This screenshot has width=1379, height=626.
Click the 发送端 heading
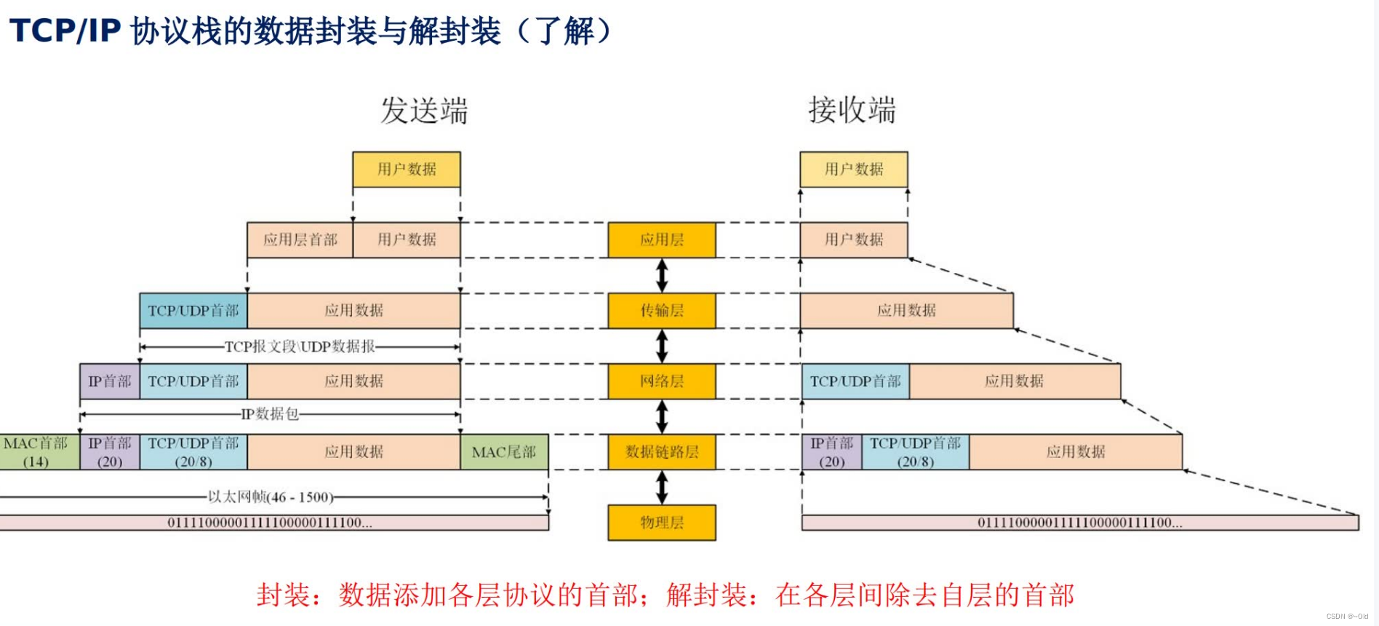pyautogui.click(x=425, y=111)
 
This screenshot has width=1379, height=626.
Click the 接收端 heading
pyautogui.click(x=852, y=110)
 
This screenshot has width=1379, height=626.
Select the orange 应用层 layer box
pyautogui.click(x=662, y=240)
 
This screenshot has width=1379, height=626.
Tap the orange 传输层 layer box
pyautogui.click(x=662, y=311)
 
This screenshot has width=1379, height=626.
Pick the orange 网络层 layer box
pyautogui.click(x=662, y=381)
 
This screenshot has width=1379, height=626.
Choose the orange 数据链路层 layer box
pyautogui.click(x=662, y=452)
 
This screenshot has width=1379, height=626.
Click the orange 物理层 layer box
pyautogui.click(x=662, y=523)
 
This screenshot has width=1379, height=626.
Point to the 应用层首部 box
pyautogui.click(x=300, y=240)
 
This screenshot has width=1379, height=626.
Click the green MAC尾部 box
pyautogui.click(x=504, y=452)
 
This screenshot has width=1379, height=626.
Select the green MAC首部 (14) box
pyautogui.click(x=36, y=452)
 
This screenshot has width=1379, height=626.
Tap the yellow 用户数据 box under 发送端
pyautogui.click(x=407, y=170)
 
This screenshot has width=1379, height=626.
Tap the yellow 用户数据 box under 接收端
pyautogui.click(x=854, y=170)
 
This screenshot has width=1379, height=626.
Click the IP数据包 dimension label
pyautogui.click(x=270, y=414)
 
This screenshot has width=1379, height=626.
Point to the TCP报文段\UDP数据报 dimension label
pyautogui.click(x=300, y=346)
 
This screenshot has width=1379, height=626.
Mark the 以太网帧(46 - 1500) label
pyautogui.click(x=271, y=497)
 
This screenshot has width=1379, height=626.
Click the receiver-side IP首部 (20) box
pyautogui.click(x=832, y=452)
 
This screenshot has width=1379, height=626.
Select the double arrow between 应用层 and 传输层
pyautogui.click(x=662, y=276)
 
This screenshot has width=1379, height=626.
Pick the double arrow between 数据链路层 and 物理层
pyautogui.click(x=662, y=488)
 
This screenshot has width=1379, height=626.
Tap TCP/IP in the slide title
pyautogui.click(x=65, y=31)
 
